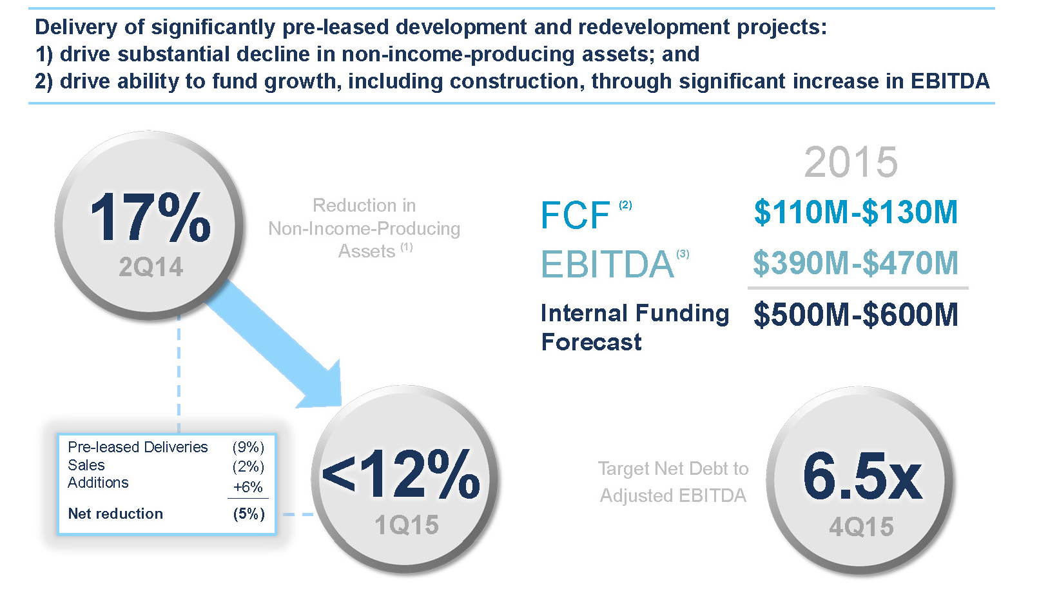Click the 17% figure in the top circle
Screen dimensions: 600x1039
click(x=150, y=217)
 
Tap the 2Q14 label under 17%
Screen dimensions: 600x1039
click(x=151, y=266)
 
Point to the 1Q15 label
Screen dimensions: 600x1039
click(x=407, y=525)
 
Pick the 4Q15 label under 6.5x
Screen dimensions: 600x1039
click(x=862, y=527)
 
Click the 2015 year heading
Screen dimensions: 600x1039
click(x=851, y=162)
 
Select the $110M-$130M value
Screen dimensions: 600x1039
click(x=856, y=212)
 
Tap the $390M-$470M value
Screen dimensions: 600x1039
click(x=856, y=263)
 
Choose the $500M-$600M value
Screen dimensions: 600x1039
click(x=856, y=315)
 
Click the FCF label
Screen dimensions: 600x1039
click(x=575, y=215)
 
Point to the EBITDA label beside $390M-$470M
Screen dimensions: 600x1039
click(x=607, y=265)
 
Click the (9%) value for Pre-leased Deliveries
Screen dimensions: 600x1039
click(x=248, y=447)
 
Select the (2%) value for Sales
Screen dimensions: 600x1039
click(x=248, y=466)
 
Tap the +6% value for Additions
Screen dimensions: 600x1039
click(x=248, y=487)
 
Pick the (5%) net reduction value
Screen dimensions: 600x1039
click(x=249, y=514)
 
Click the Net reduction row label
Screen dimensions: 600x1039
click(x=115, y=514)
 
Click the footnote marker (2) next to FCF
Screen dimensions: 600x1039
click(x=625, y=205)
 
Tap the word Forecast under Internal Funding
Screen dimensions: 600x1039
click(x=591, y=342)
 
